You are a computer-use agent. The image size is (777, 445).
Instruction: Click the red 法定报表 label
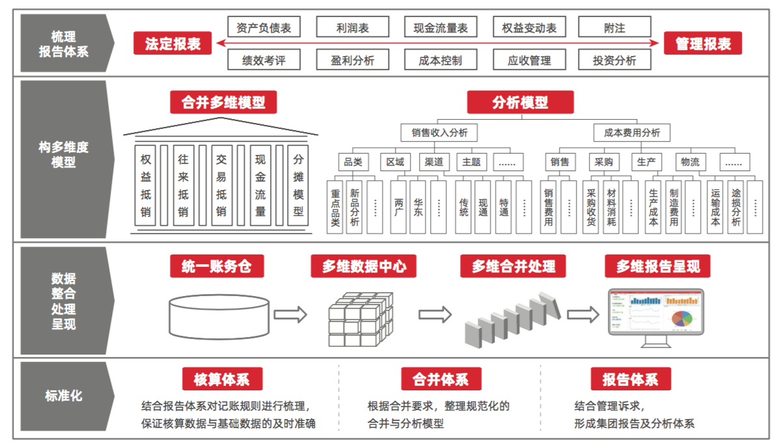(172, 44)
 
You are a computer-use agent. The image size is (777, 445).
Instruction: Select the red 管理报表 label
(703, 44)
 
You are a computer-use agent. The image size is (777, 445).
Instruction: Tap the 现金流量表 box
(441, 27)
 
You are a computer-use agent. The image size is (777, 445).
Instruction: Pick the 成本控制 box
(441, 61)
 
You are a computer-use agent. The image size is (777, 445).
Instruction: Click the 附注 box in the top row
(614, 27)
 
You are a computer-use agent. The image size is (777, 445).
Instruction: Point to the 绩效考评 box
(263, 61)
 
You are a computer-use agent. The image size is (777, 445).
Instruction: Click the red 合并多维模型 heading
(223, 102)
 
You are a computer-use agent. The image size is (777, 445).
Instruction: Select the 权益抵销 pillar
(146, 185)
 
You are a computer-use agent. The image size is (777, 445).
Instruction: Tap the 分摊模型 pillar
(298, 185)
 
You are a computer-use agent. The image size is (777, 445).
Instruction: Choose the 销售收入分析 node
(439, 133)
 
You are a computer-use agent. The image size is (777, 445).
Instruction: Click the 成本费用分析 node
(631, 133)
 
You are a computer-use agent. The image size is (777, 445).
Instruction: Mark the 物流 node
(690, 162)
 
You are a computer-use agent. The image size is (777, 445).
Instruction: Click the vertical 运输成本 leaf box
(715, 207)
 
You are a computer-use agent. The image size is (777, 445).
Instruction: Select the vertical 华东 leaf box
(418, 207)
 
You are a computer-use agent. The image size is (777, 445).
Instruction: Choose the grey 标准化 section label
(64, 396)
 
